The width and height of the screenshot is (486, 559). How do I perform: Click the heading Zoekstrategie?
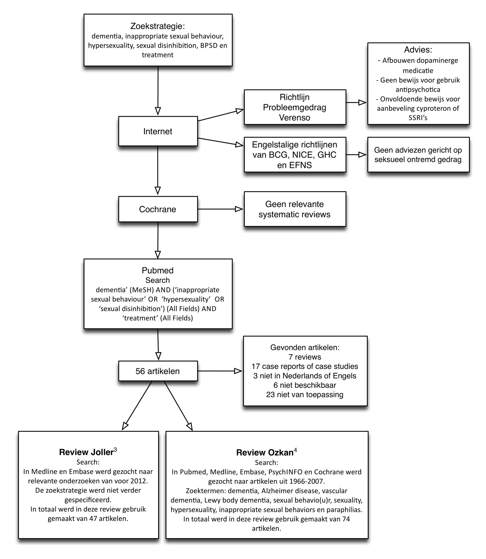157,26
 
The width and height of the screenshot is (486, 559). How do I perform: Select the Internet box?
158,131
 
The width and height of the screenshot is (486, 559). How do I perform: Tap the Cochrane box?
158,209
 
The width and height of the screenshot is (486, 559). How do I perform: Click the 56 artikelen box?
158,371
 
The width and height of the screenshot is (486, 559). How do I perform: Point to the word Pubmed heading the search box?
157,270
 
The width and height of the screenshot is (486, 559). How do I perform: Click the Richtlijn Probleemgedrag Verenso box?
295,107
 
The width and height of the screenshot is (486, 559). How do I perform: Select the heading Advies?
418,50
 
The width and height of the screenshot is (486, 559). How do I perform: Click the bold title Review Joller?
86,452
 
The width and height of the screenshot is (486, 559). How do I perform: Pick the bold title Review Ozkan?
265,452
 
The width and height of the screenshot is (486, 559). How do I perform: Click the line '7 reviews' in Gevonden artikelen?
305,357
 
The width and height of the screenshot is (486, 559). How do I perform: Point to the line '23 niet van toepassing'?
305,395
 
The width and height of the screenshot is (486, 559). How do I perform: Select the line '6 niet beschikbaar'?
305,385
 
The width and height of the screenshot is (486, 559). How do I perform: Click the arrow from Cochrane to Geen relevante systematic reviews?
220,209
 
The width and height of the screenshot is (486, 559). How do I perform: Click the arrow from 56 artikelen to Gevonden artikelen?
220,371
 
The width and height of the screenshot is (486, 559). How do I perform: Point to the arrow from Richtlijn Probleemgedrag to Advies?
356,103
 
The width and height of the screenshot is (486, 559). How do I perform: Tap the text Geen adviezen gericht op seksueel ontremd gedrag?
418,155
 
